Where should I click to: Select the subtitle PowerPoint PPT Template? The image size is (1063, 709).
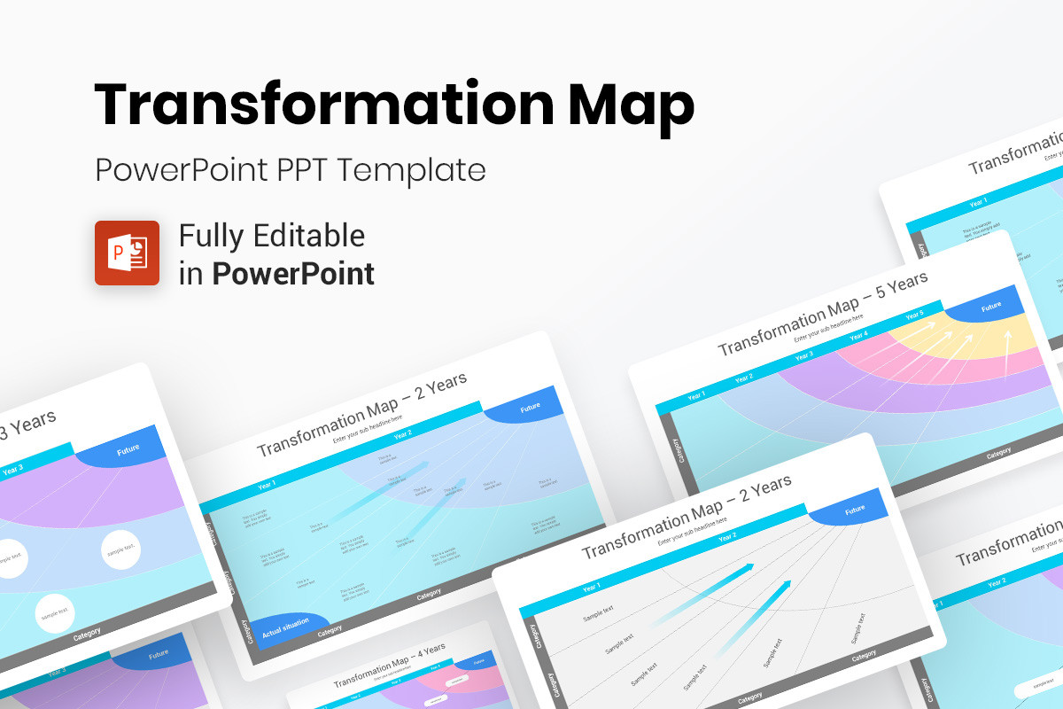point(291,170)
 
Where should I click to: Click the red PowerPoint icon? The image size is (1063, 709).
point(128,253)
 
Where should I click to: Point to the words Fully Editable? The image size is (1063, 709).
point(272,236)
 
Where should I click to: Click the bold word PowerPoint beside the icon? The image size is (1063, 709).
point(293,274)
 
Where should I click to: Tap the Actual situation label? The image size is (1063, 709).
point(285,623)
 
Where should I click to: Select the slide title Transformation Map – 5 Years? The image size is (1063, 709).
point(822,313)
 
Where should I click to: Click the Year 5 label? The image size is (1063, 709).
point(914,316)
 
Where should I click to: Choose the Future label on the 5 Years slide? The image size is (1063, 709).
point(990,307)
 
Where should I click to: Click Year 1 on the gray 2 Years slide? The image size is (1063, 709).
point(591,588)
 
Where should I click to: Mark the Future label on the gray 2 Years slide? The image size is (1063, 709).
point(854,510)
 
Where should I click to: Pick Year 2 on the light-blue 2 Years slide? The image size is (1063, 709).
point(402,435)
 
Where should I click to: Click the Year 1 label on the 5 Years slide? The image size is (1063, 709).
point(696,395)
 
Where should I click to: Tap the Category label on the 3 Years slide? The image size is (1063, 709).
point(87,633)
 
